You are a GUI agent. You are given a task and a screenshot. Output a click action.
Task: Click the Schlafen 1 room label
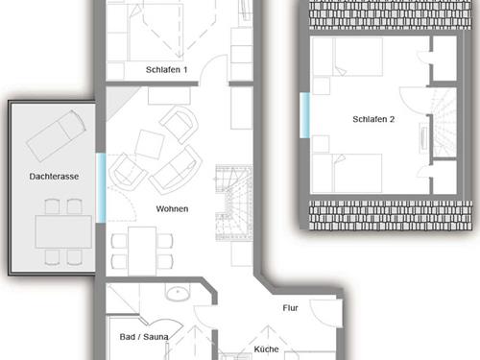pos(166,69)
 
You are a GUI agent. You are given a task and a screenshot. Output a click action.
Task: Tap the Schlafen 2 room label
pos(373,119)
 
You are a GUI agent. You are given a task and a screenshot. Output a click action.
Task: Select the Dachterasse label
pos(54,177)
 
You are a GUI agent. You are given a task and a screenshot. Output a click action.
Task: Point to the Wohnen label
pos(172,209)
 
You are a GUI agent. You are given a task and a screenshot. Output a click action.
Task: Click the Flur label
pos(290,308)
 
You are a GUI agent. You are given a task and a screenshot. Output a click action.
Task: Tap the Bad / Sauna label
pos(144,337)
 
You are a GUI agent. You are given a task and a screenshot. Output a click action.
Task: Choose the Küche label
pos(266,349)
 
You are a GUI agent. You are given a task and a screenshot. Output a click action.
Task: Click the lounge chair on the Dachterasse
pos(57,135)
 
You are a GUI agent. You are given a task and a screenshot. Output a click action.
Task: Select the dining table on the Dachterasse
pos(63,231)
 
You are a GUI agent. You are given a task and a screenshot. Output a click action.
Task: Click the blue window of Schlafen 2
pos(304,115)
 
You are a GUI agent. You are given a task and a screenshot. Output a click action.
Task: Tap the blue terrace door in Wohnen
pos(101,188)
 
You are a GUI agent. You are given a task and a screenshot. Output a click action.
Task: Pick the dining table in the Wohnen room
pos(142,251)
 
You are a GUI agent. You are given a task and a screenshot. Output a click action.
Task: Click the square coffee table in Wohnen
pos(150,144)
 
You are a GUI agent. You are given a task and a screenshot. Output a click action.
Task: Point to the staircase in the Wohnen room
pos(234,203)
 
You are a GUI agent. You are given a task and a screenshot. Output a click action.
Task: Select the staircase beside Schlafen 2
pos(444,123)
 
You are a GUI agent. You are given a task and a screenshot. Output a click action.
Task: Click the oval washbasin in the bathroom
pos(178,294)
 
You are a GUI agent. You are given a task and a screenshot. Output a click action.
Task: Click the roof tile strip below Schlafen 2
pos(391,215)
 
